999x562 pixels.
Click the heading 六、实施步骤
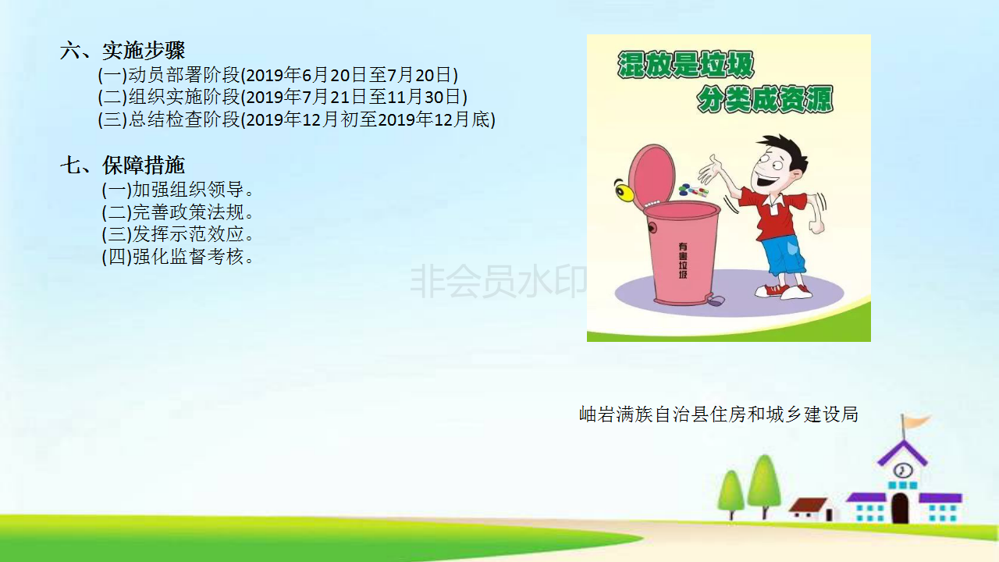[x=123, y=51]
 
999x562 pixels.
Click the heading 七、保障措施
[x=123, y=165]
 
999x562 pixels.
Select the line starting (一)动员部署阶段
[x=278, y=75]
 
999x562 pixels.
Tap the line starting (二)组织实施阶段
[x=283, y=97]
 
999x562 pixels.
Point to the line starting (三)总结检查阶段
[x=297, y=119]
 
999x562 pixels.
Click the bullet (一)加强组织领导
[x=177, y=190]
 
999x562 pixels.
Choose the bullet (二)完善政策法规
[x=177, y=212]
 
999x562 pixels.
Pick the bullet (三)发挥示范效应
[x=177, y=234]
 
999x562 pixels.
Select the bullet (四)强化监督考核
[x=177, y=257]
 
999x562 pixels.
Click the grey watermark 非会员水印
[x=499, y=281]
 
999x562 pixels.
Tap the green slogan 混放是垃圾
[x=685, y=65]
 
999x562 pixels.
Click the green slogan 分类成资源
[x=765, y=99]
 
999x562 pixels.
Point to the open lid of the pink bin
[x=653, y=176]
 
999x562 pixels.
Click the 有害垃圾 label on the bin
[x=683, y=261]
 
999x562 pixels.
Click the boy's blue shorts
[x=782, y=255]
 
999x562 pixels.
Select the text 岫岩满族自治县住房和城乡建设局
[x=719, y=414]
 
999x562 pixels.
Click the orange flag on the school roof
[x=917, y=421]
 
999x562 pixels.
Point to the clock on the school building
[x=904, y=470]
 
